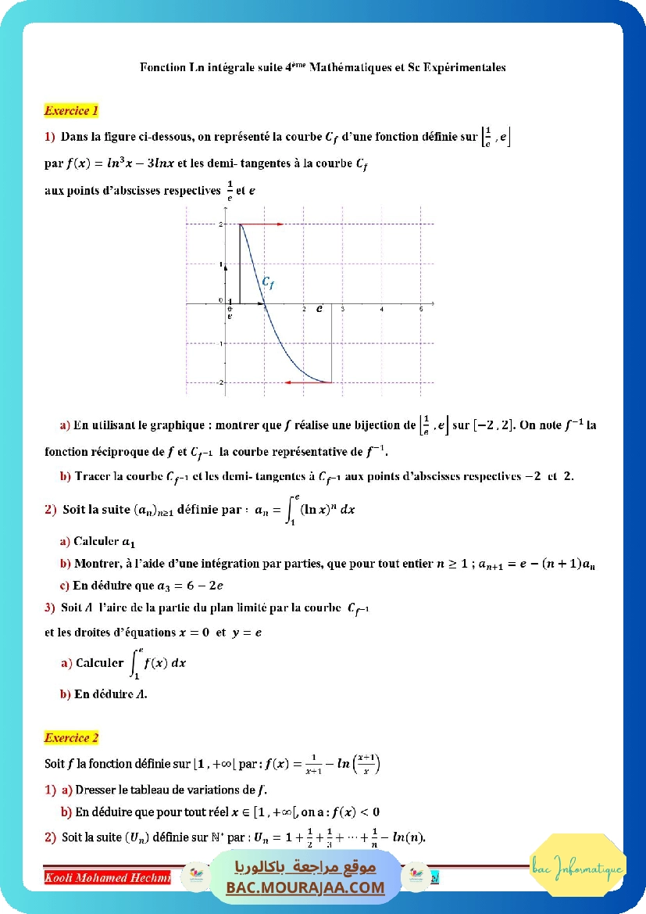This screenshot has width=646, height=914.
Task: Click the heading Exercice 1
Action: [x=71, y=111]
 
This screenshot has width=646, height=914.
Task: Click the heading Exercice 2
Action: [x=71, y=737]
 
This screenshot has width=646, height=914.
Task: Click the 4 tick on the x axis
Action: [x=381, y=310]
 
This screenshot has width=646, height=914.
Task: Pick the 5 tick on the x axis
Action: [x=421, y=310]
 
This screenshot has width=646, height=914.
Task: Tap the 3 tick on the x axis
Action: [x=343, y=310]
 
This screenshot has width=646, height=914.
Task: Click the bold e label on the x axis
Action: [x=319, y=309]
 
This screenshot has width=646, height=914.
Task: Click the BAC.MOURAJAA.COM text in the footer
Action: [x=305, y=887]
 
